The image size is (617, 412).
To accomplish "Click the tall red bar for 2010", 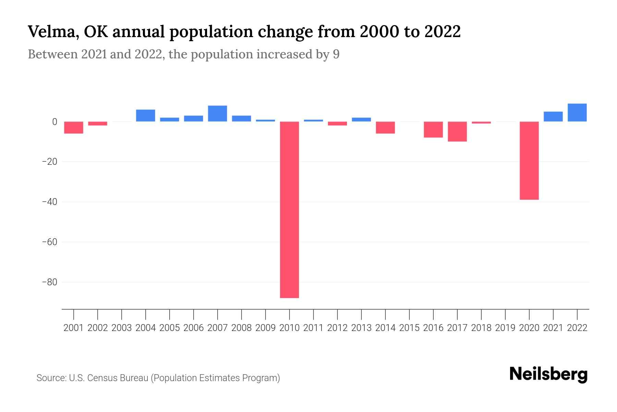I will click(289, 209).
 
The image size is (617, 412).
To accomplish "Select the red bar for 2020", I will click(529, 160).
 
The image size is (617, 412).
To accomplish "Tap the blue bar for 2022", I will click(577, 113).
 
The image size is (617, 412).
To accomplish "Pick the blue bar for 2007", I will click(217, 114).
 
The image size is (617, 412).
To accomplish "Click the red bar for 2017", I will click(457, 131).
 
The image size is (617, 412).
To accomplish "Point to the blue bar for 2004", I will click(145, 116).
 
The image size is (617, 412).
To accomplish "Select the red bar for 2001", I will click(74, 127).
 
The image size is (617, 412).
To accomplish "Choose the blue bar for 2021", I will click(553, 117).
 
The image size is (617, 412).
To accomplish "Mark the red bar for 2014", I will click(385, 127).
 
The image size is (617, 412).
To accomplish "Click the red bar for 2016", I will click(433, 129).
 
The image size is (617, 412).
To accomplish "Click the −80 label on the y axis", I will click(49, 282).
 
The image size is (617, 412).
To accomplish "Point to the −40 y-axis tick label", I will click(49, 202).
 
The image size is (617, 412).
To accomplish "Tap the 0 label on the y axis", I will click(55, 122).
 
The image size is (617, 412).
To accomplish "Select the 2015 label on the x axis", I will click(409, 328).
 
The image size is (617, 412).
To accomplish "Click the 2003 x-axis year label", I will click(122, 328).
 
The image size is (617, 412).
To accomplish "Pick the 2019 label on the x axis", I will click(505, 328).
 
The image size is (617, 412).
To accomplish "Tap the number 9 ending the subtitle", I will click(336, 55).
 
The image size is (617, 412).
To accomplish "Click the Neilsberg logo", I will click(548, 374).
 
